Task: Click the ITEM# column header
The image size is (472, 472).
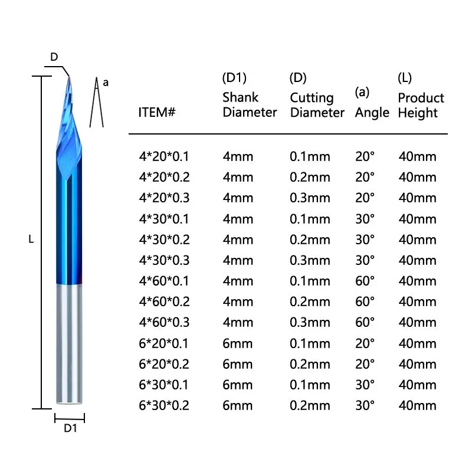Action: pos(157,112)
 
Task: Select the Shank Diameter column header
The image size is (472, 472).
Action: pos(250,105)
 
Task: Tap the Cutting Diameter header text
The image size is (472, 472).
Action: pos(317,105)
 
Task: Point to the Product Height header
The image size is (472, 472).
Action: pos(421,105)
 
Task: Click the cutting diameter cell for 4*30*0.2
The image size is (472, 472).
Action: pos(310,240)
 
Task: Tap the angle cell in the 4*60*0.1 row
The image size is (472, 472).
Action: pos(365,281)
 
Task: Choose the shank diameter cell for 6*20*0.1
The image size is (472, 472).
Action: pos(237,343)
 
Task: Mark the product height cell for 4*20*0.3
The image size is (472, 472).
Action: pos(417,198)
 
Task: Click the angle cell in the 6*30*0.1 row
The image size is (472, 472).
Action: pos(365,385)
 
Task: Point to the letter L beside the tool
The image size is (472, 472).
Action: pos(31,240)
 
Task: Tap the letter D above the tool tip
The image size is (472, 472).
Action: pos(54,57)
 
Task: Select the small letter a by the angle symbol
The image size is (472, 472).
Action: pos(106,83)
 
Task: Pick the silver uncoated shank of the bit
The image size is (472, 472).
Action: pos(70,342)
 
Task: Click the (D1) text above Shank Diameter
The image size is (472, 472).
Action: pos(234,78)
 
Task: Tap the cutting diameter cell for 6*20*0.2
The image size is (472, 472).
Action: pos(310,364)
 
